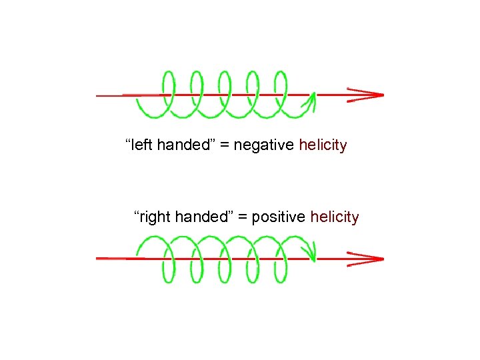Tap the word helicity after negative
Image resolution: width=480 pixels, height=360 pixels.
pyautogui.click(x=323, y=145)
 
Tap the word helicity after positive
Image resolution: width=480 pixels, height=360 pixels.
pyautogui.click(x=335, y=217)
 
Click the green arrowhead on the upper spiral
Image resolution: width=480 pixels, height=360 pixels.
pyautogui.click(x=310, y=101)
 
